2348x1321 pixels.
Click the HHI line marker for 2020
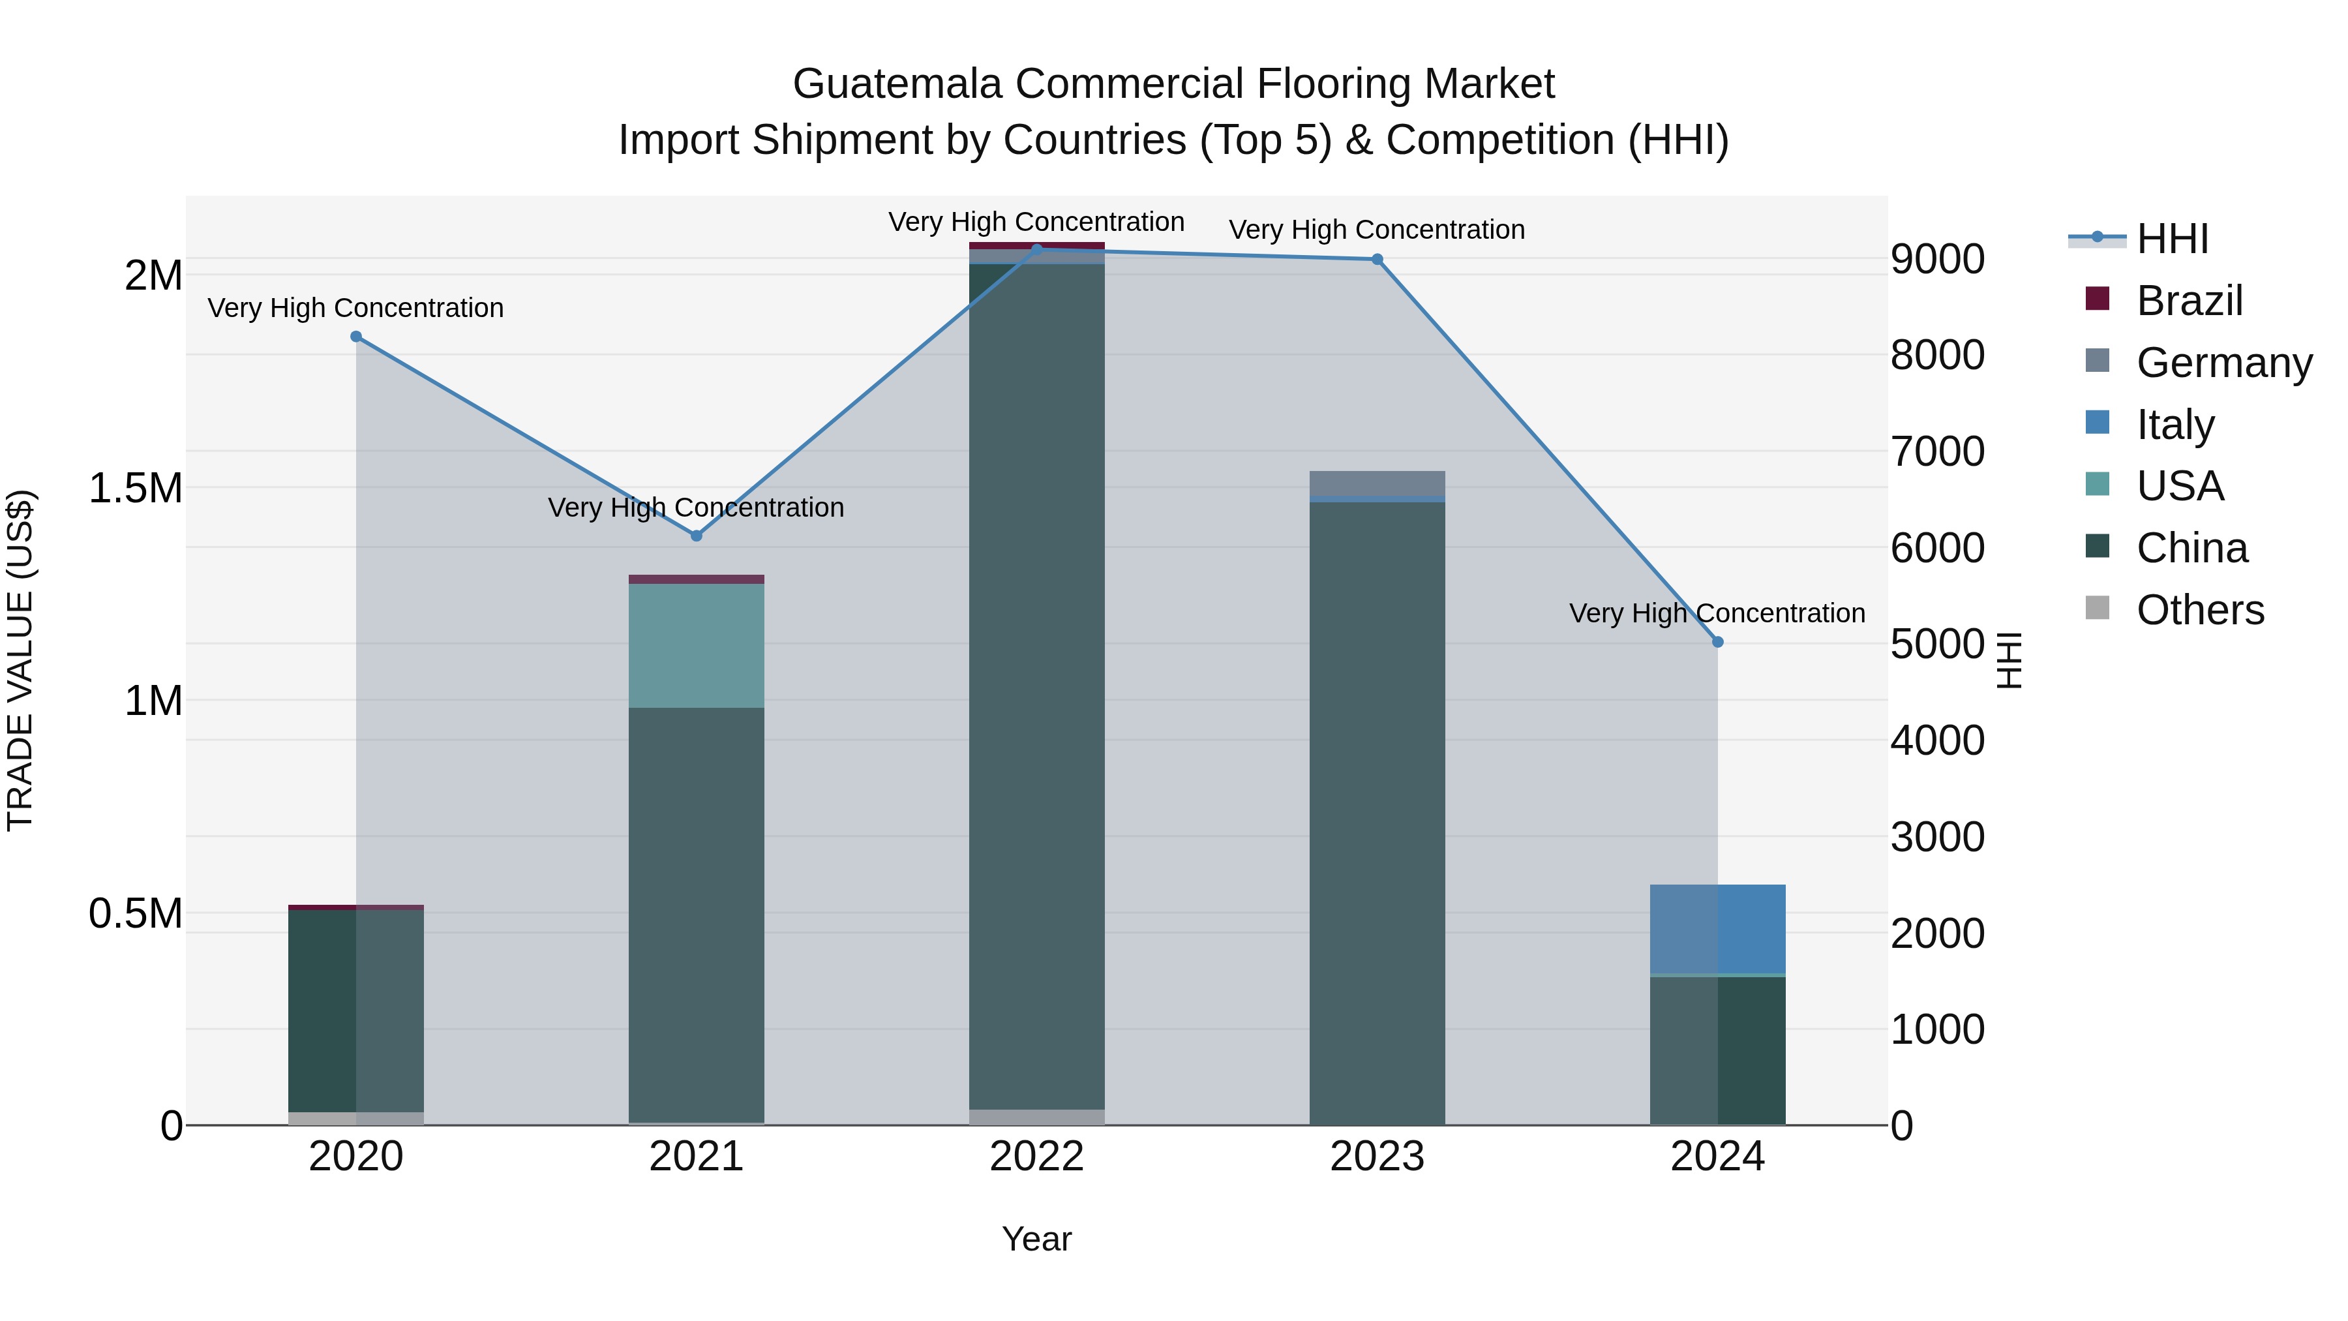[x=356, y=337]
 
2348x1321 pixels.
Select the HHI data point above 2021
[x=697, y=536]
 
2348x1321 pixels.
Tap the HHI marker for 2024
[x=1718, y=642]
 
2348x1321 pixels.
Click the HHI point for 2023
[x=1377, y=260]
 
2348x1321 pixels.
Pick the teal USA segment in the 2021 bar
[x=697, y=645]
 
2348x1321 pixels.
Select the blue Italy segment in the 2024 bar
[x=1718, y=928]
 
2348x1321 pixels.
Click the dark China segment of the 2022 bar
[x=1037, y=684]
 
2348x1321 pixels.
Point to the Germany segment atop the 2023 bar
[x=1377, y=483]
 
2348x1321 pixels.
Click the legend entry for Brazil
[x=2188, y=301]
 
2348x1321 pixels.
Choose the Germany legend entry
[x=2223, y=363]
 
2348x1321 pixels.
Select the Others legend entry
[x=2199, y=610]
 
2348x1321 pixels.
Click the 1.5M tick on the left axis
[x=136, y=489]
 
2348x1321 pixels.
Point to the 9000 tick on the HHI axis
[x=1937, y=259]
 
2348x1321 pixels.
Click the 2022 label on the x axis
[x=1037, y=1157]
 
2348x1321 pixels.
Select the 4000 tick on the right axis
[x=1937, y=740]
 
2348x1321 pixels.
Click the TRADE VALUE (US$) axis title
[x=20, y=660]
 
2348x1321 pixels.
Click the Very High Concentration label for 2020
[x=355, y=308]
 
